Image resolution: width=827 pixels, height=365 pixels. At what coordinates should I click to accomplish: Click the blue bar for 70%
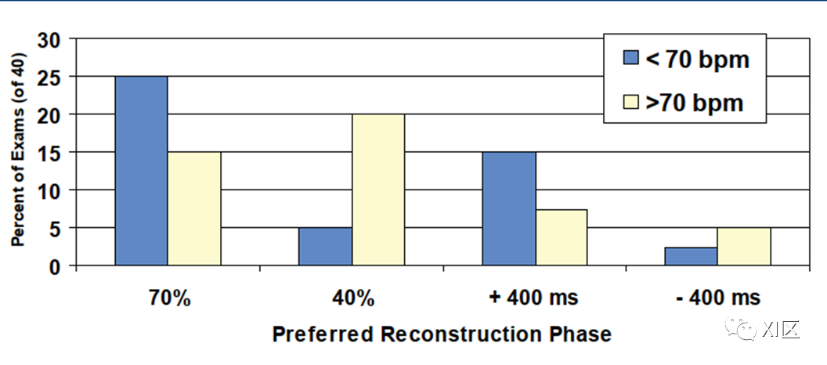(141, 171)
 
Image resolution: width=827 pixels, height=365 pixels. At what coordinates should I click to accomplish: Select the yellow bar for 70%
(194, 208)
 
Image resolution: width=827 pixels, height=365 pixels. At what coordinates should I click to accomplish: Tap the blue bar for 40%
(325, 246)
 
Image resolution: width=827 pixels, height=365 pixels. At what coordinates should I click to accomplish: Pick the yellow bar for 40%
(378, 190)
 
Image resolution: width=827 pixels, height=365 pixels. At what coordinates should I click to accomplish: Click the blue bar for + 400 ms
(509, 208)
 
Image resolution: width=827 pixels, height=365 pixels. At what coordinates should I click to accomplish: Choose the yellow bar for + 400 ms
(562, 237)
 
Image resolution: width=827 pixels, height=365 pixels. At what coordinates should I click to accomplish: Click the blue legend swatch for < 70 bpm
(630, 58)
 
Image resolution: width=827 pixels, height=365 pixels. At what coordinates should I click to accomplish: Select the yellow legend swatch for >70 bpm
(630, 101)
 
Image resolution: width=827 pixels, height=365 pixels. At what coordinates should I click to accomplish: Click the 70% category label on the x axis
(168, 298)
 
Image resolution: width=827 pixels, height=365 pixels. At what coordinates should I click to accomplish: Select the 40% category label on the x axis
(352, 298)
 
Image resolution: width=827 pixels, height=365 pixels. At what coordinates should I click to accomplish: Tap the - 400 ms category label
(717, 298)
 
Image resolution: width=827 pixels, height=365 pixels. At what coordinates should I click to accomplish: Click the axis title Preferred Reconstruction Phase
(442, 334)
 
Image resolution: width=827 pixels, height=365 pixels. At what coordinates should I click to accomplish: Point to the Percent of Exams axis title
(18, 150)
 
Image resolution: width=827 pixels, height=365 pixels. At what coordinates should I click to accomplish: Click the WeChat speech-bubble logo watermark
(739, 330)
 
